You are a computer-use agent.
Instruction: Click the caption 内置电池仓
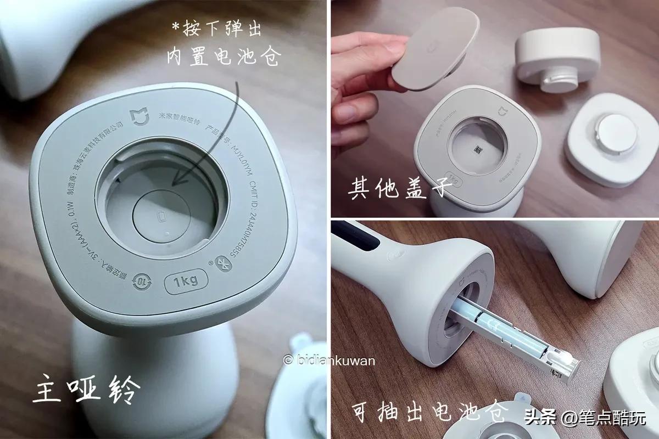pyautogui.click(x=222, y=57)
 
